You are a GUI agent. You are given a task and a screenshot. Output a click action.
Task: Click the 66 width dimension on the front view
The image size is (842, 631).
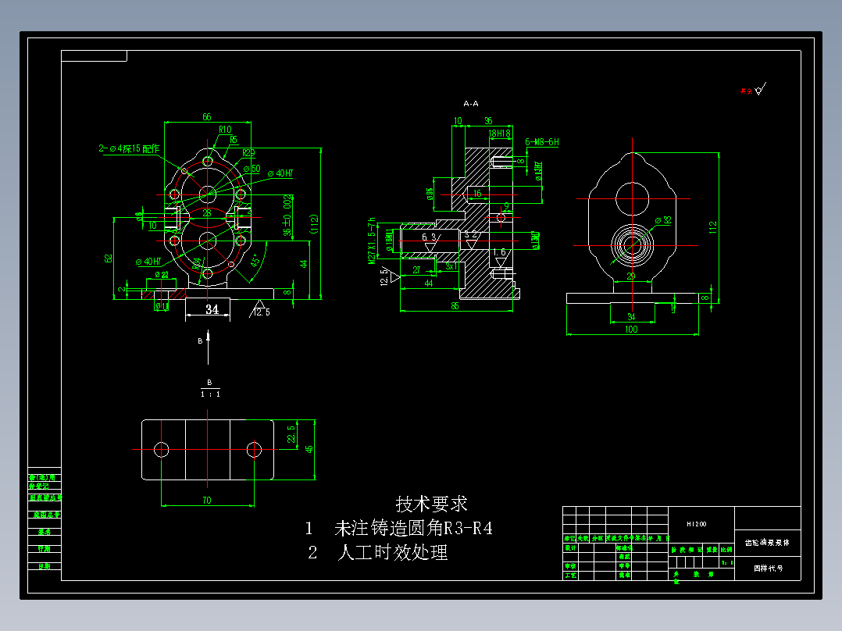point(207,117)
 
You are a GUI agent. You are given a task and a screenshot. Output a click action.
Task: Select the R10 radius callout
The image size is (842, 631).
point(225,130)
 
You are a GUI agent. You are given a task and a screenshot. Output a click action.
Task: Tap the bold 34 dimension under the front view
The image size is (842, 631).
point(212,310)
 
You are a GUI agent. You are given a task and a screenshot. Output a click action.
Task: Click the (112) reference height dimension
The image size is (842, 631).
point(314,224)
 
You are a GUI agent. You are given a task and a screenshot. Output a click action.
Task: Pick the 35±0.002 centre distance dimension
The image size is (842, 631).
point(287,215)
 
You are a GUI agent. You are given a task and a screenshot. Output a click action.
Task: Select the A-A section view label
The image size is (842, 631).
point(471,103)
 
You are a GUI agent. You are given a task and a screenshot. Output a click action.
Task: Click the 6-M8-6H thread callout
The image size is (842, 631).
point(542,142)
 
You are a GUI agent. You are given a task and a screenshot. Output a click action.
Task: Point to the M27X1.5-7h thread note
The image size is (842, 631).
point(373,241)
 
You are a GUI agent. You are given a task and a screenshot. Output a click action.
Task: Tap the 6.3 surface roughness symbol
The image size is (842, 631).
point(429,237)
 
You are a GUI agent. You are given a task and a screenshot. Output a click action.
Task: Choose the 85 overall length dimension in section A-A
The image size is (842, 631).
point(455,307)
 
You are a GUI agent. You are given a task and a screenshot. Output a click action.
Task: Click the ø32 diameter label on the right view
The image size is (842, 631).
point(662,221)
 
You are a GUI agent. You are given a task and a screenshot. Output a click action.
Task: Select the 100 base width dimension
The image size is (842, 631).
point(631,330)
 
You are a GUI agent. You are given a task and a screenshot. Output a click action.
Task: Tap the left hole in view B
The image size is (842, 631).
point(162,449)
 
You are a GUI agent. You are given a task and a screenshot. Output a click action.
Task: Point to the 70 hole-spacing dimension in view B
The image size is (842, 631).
point(206,501)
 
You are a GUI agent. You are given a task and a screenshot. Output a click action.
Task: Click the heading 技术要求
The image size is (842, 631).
point(432,504)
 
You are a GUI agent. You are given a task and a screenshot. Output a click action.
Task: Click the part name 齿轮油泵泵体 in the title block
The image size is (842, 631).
point(768,541)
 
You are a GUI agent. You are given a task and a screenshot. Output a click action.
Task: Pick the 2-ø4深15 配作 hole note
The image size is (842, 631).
point(129,148)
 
